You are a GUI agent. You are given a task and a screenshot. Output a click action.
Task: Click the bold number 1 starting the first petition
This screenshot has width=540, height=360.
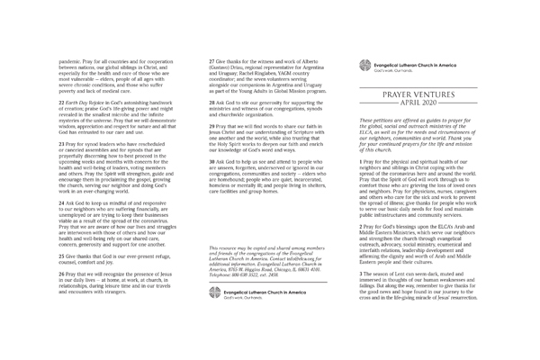click(361, 186)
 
